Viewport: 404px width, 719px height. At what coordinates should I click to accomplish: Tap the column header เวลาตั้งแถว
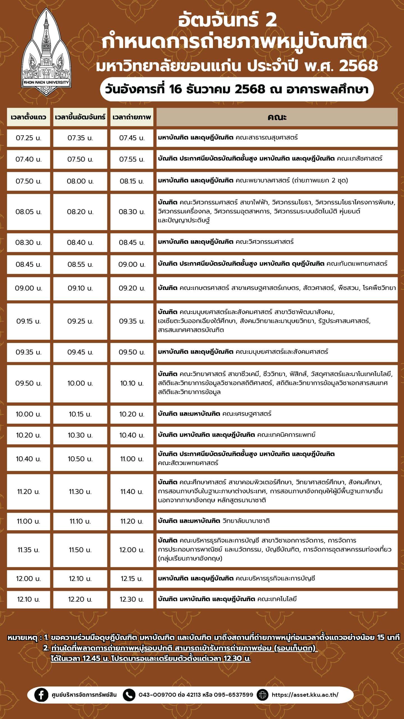tap(28, 117)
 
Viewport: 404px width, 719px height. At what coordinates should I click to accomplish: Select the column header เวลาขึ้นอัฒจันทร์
tap(80, 117)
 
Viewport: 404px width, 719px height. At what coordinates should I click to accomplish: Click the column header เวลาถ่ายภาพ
tap(132, 117)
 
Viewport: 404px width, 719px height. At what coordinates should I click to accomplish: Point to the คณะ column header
tap(277, 117)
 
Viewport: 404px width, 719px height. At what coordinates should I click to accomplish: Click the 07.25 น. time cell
tap(28, 138)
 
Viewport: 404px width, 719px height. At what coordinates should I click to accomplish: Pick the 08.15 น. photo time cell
tap(132, 181)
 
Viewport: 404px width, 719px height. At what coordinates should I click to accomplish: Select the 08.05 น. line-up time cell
tap(28, 212)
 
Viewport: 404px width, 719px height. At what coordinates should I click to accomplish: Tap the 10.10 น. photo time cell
tap(132, 383)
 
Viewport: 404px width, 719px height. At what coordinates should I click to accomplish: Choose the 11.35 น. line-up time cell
tap(28, 550)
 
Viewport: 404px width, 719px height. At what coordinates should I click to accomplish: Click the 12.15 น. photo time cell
tap(132, 579)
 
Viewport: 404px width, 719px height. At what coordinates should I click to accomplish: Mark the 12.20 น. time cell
tap(80, 599)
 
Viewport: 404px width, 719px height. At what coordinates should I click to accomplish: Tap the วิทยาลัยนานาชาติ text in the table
tap(246, 521)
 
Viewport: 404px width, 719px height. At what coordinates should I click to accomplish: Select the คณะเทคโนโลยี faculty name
tap(277, 599)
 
